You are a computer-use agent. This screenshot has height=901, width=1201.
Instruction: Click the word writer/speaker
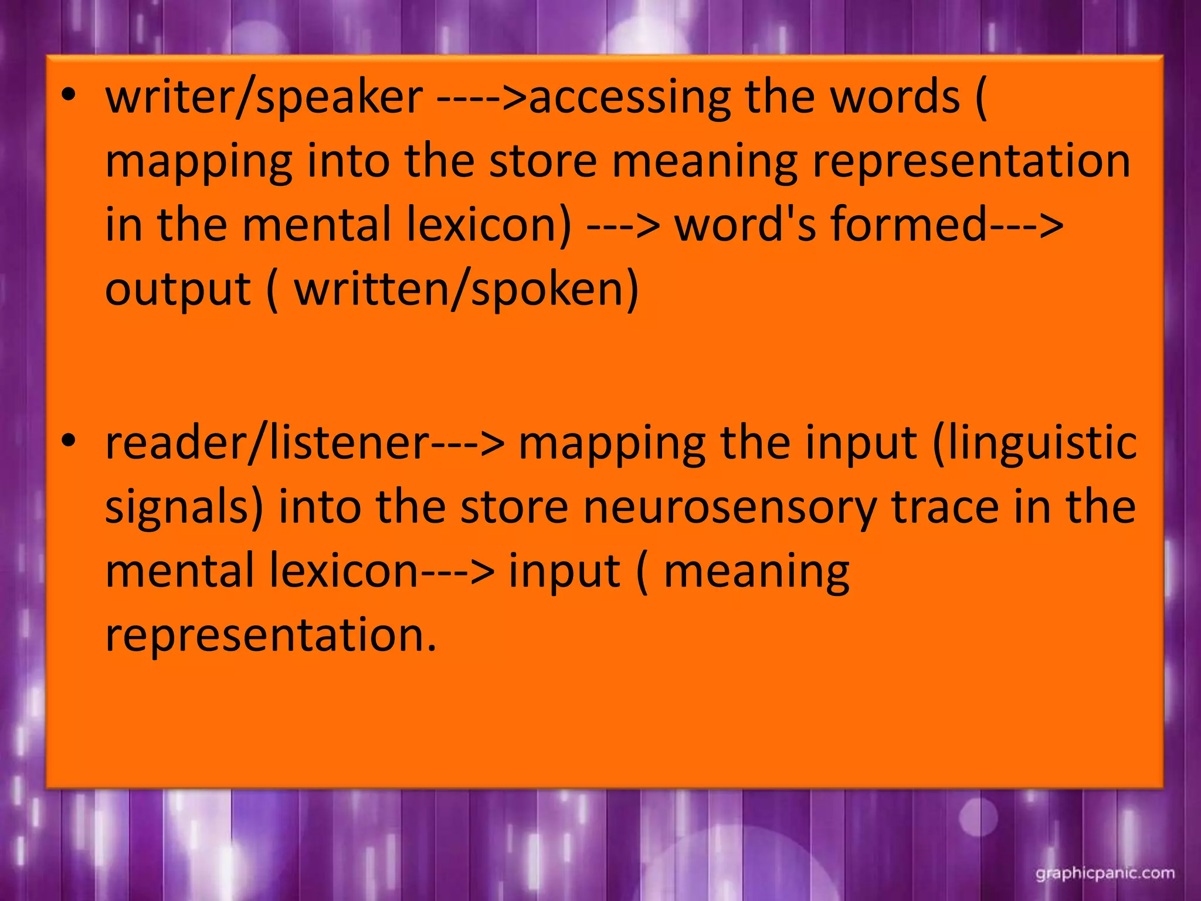tap(264, 97)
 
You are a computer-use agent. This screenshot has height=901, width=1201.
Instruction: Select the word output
tap(178, 290)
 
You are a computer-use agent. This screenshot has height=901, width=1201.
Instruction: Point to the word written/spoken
tap(466, 290)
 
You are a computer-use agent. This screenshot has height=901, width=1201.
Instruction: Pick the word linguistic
tap(1034, 445)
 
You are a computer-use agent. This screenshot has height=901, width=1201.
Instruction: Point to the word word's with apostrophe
tap(745, 225)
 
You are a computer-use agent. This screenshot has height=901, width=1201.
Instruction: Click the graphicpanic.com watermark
tap(1105, 873)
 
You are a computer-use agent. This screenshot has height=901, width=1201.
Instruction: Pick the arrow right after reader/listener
tap(468, 445)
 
